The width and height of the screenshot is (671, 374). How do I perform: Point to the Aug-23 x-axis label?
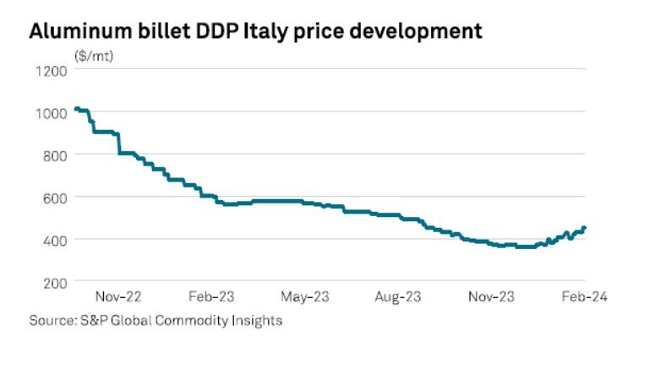(400, 297)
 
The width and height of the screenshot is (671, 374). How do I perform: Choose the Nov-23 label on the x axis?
(492, 297)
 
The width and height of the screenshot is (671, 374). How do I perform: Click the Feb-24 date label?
(585, 297)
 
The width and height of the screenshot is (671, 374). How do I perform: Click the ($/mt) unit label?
(93, 56)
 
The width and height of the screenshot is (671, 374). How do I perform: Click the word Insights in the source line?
(258, 320)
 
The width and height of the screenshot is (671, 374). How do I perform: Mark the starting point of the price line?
(76, 108)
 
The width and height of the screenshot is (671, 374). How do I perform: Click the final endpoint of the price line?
(584, 228)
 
